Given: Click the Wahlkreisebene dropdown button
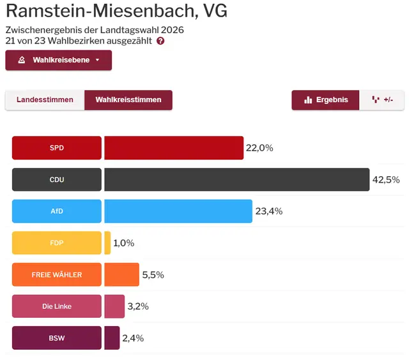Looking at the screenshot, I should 58,60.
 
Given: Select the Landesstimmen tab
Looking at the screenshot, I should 45,100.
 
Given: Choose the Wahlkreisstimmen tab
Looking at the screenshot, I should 128,100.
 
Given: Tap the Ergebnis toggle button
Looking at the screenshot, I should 326,100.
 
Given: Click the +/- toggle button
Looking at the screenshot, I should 382,100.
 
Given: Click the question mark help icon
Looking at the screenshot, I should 160,41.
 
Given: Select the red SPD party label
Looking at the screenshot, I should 57,148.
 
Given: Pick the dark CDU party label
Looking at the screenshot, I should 57,179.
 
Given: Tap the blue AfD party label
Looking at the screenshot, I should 57,211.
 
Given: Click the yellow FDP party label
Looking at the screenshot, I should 57,243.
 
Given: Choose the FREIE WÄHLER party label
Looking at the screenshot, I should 57,274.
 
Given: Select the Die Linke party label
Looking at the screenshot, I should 57,306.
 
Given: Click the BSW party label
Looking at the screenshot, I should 57,338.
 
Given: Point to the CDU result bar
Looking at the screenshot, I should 236,179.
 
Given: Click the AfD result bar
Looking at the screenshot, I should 178,211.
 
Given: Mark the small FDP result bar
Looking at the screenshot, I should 107,243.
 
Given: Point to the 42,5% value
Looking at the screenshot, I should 386,180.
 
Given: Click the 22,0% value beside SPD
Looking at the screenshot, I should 259,148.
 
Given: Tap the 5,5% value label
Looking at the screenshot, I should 153,275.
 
